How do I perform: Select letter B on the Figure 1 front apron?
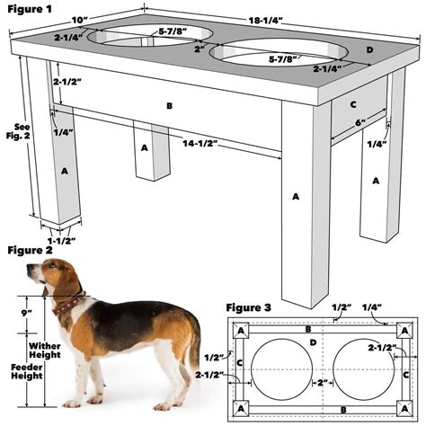pyautogui.click(x=168, y=106)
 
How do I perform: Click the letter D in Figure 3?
pyautogui.click(x=312, y=342)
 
